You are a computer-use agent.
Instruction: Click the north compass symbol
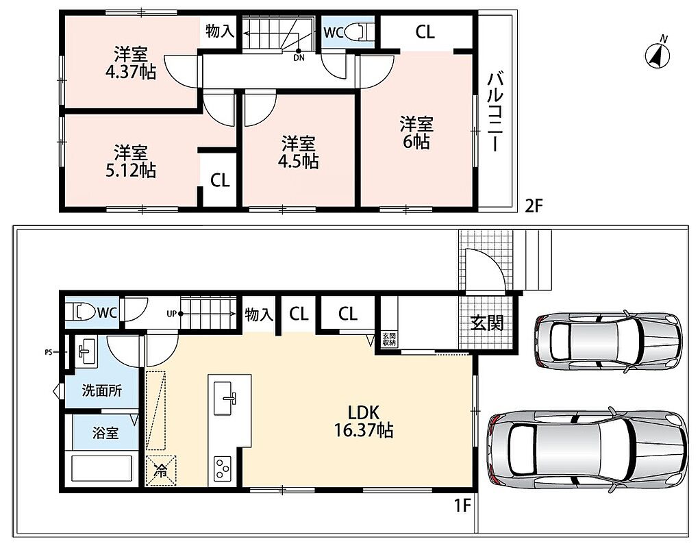658,55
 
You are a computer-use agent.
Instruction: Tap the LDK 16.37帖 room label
364,421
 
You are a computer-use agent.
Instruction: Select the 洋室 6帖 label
416,133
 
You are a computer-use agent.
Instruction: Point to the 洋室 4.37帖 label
131,63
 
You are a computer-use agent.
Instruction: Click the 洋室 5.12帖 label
131,161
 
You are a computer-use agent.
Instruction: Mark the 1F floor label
463,506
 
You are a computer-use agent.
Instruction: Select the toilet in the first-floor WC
79,312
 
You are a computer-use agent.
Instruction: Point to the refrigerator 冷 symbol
161,471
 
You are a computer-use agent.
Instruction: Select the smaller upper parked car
609,340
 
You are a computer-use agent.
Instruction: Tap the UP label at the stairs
171,314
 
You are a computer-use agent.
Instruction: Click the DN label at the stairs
299,58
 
